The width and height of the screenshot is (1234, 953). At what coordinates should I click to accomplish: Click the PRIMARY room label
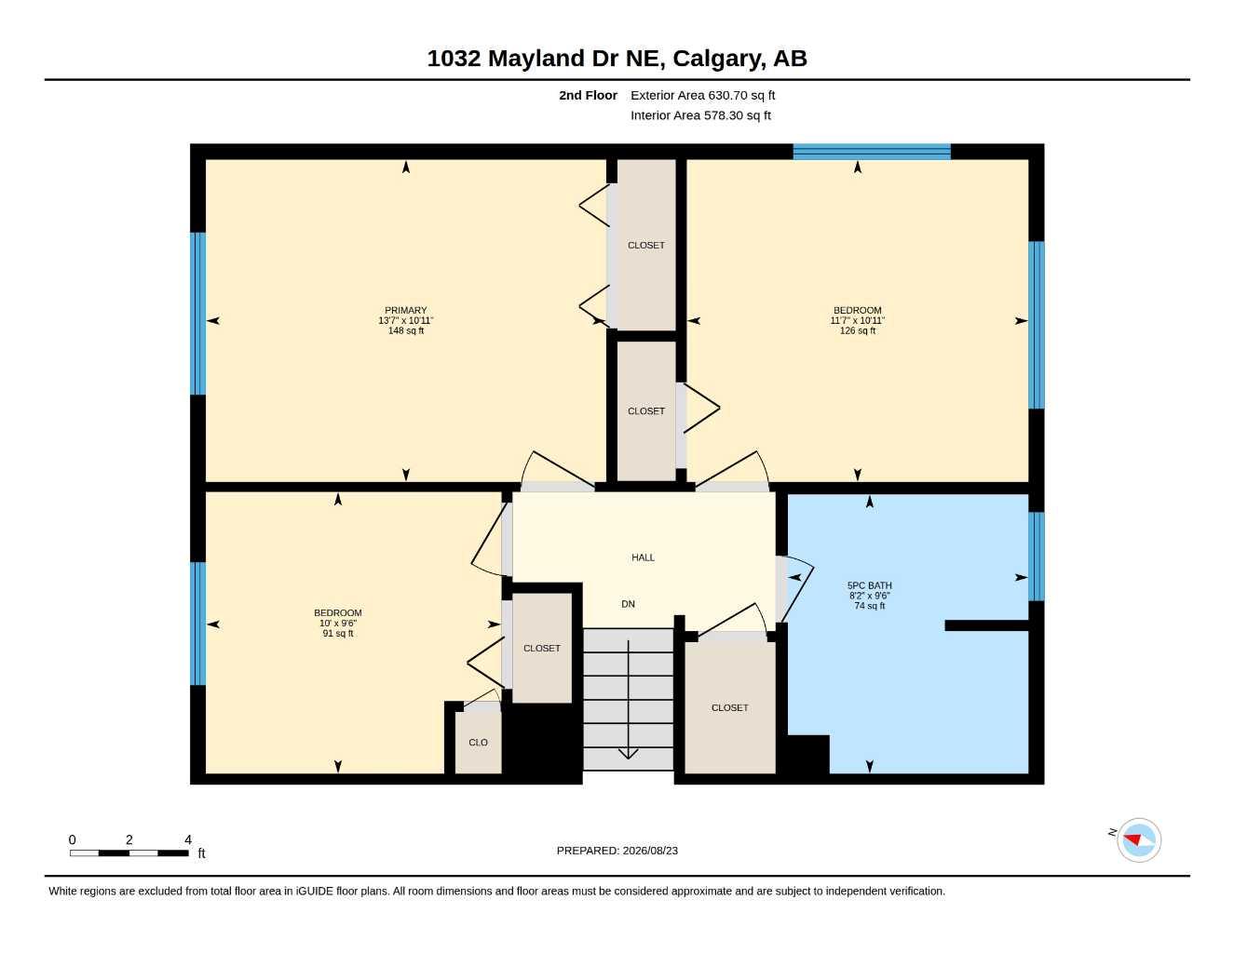(405, 310)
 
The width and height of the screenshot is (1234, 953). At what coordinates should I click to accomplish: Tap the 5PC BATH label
(870, 585)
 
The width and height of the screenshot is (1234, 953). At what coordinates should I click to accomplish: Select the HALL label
(643, 557)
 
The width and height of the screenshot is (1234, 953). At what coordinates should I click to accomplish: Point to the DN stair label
(628, 604)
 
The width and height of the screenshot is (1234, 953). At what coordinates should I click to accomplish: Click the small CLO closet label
(478, 743)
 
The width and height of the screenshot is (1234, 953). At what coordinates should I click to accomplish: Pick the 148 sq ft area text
(405, 330)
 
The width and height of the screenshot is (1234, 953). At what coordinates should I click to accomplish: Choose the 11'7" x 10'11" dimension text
(858, 320)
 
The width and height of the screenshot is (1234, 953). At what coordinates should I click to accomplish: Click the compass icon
(1139, 840)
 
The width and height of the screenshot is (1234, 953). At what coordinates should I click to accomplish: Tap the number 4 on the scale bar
(188, 839)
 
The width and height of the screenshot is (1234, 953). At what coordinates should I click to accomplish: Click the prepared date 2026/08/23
(650, 851)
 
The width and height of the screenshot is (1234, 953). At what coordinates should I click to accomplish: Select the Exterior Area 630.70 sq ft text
(702, 95)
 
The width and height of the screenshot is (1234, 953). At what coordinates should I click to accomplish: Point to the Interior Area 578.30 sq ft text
(700, 115)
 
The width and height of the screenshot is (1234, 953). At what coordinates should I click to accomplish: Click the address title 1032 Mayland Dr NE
(546, 59)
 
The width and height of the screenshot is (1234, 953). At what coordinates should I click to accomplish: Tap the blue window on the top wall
(872, 152)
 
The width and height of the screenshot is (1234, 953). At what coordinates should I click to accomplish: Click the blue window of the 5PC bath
(1037, 557)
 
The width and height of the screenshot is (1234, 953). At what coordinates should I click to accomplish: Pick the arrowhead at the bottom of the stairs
(628, 754)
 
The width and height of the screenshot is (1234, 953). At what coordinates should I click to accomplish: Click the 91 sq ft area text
(338, 634)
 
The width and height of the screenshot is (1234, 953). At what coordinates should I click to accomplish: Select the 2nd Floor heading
(588, 95)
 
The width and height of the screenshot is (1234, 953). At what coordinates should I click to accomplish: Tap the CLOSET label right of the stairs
(730, 708)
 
